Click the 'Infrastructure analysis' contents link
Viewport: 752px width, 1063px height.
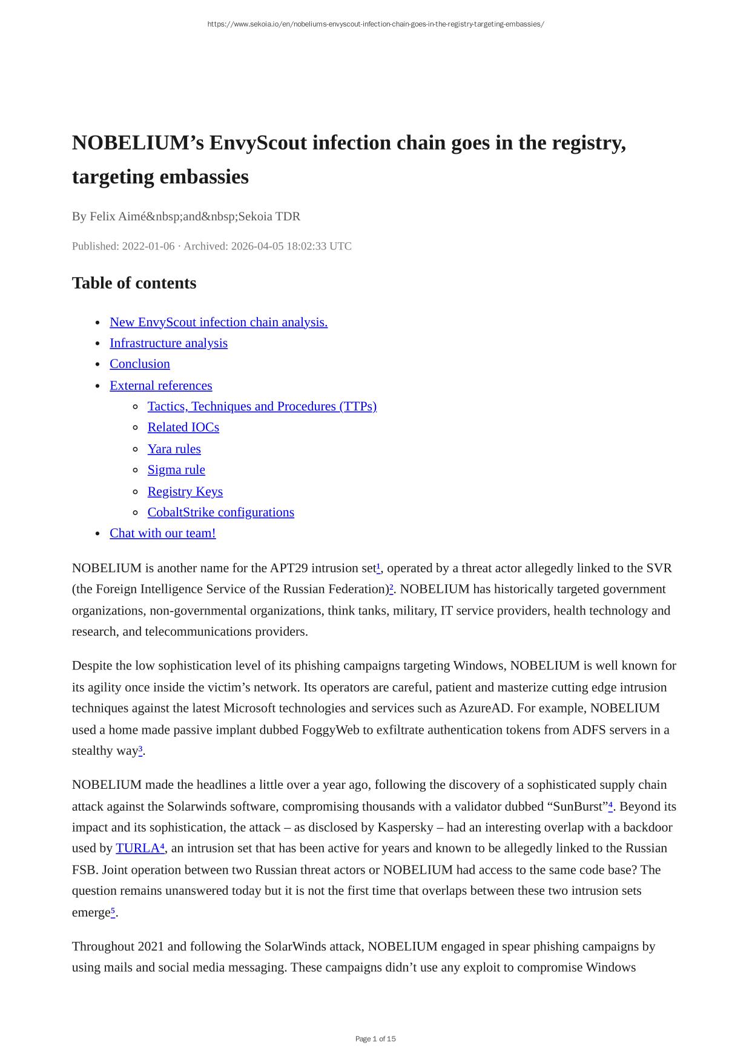(168, 343)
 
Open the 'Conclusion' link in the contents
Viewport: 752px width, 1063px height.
(139, 364)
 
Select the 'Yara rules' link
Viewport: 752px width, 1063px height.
(174, 449)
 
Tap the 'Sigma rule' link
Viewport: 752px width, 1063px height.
(176, 470)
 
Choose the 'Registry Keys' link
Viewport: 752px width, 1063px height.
(185, 492)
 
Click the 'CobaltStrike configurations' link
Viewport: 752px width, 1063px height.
(220, 512)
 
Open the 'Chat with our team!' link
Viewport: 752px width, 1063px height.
(162, 533)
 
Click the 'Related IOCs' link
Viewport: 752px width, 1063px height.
(183, 427)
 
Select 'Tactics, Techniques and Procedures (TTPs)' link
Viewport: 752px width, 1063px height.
(262, 406)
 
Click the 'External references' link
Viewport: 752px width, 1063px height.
(160, 386)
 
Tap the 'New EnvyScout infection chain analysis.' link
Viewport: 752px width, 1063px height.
(218, 322)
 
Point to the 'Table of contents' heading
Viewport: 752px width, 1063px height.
(134, 283)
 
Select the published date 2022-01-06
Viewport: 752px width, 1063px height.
(148, 246)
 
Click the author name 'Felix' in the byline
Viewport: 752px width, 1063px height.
(104, 217)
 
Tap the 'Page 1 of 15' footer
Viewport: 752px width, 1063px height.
(375, 1039)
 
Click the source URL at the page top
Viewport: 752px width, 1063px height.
(375, 24)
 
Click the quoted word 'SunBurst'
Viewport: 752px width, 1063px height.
(580, 807)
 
